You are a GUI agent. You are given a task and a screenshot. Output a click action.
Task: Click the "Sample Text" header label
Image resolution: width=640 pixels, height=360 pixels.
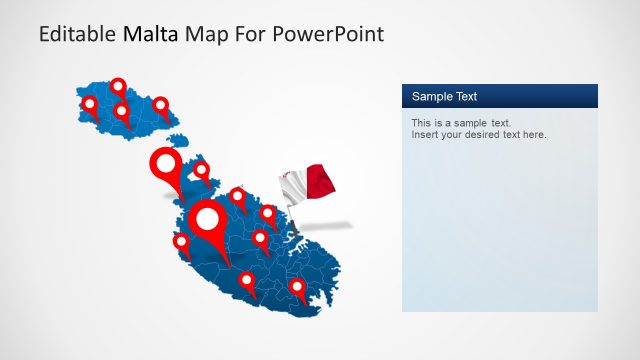pos(444,97)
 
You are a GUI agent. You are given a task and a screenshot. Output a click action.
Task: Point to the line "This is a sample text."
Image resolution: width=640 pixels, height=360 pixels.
pos(462,123)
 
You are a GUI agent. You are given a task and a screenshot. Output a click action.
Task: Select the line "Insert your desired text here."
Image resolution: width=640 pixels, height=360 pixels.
pos(479,135)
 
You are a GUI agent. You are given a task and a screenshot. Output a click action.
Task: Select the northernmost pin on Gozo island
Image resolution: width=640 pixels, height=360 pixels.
pos(118,86)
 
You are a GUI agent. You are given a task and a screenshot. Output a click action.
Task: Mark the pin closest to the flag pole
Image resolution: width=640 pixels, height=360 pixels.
pos(267,212)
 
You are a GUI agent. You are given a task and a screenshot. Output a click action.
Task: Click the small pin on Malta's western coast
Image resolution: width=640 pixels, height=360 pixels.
pos(181,241)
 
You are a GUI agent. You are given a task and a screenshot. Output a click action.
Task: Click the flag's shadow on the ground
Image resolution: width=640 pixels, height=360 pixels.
pos(330,225)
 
